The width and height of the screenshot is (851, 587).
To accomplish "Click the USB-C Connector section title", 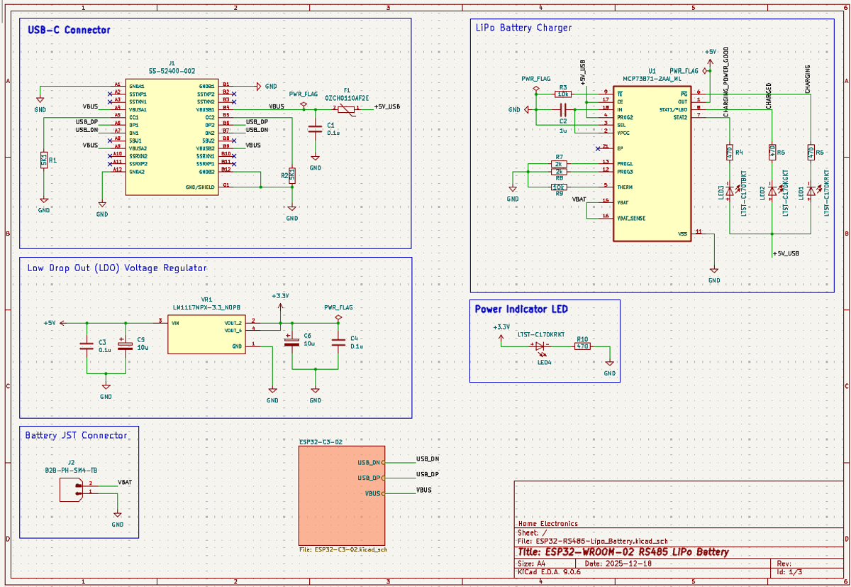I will click(x=69, y=31).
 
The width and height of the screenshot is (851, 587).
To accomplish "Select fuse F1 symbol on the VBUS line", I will click(x=345, y=108).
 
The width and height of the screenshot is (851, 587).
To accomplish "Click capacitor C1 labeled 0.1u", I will click(x=315, y=128).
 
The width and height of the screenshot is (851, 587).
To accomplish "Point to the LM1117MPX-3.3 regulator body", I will click(x=206, y=334).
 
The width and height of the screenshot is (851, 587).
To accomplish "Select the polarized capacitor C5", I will click(x=125, y=345).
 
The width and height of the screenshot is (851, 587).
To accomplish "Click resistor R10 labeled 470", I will click(x=582, y=346).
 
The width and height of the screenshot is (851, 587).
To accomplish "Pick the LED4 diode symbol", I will click(x=544, y=346).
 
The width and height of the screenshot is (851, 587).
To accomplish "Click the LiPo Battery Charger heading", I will click(x=523, y=28).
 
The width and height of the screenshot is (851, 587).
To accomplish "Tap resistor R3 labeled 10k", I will click(x=563, y=94).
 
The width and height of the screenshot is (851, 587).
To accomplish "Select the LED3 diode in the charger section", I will click(x=730, y=192).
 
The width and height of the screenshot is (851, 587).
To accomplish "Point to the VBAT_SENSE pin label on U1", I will click(x=635, y=218).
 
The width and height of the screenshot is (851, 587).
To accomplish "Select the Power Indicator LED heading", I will click(x=521, y=309).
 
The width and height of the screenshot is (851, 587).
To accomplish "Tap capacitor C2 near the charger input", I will click(x=563, y=110).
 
